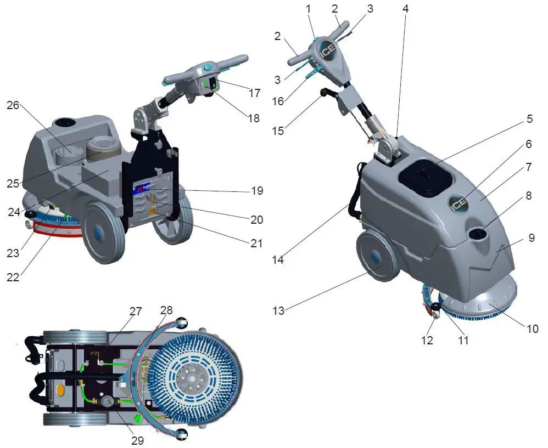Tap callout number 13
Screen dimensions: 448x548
click(278, 311)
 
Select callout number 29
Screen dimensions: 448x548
click(137, 440)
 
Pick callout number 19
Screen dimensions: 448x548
click(258, 191)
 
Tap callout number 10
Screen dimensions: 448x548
click(532, 328)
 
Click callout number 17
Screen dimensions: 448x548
click(254, 93)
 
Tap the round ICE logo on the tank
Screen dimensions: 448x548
click(459, 203)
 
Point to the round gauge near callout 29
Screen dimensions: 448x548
click(107, 403)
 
